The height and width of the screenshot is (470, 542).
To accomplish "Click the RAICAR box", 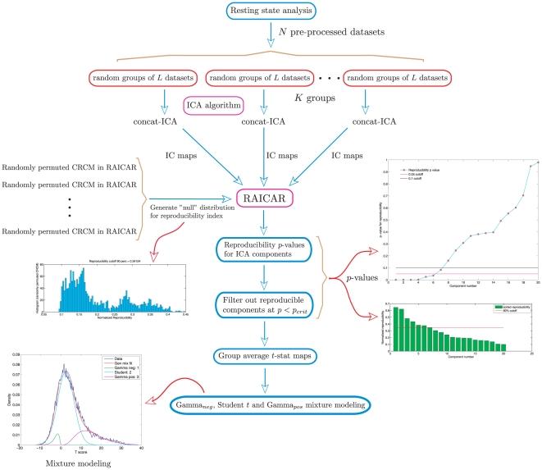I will [271, 198].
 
